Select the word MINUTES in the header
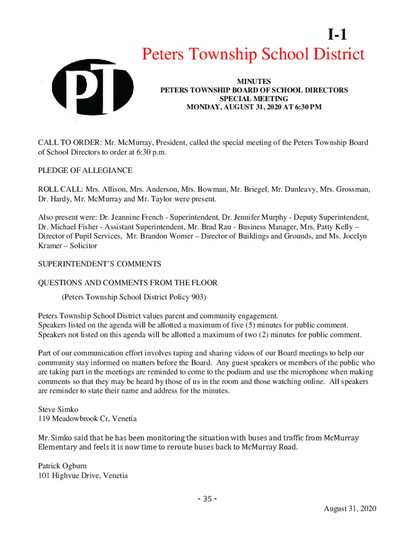click(254, 81)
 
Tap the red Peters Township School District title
click(253, 55)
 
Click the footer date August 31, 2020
click(350, 509)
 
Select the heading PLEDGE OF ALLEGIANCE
click(85, 170)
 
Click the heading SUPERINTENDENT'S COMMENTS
click(99, 263)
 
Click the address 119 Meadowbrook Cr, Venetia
click(87, 418)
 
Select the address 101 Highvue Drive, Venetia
click(83, 476)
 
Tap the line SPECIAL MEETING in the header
click(254, 99)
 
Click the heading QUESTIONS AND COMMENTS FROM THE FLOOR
click(127, 283)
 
